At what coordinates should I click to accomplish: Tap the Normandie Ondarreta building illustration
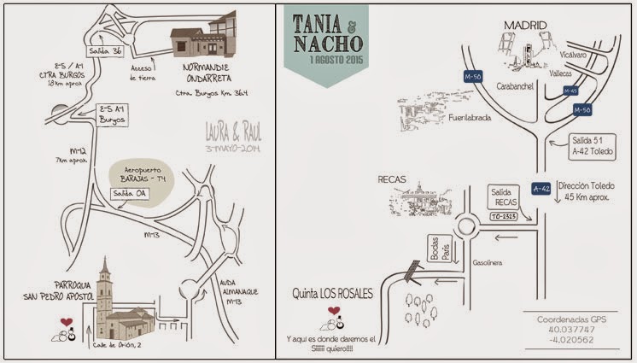pos(204,42)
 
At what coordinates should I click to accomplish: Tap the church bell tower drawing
pos(105,290)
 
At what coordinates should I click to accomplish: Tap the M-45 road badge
pos(571,91)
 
